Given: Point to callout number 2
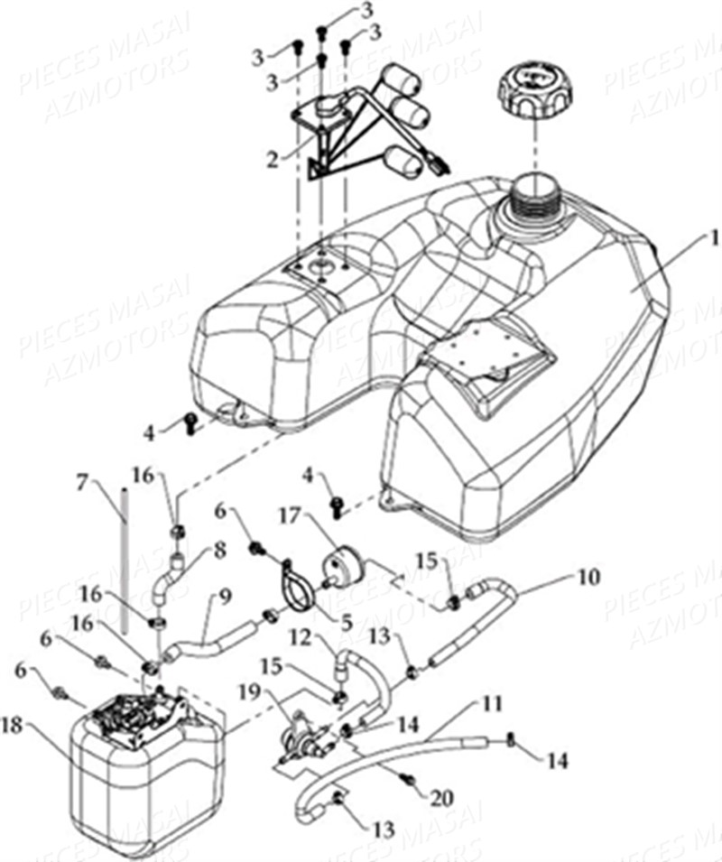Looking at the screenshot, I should click(x=271, y=162).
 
